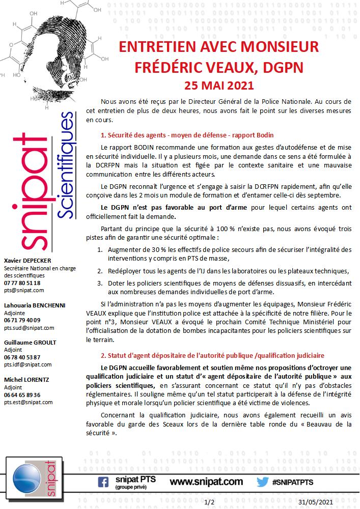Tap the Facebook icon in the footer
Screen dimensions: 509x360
click(103, 482)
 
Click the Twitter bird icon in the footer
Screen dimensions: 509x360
click(262, 482)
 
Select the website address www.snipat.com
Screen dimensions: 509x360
click(206, 482)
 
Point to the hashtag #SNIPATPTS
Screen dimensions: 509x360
click(293, 482)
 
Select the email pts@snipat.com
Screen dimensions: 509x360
click(24, 290)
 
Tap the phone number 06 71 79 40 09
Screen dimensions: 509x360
click(22, 320)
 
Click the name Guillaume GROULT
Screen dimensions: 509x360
click(30, 343)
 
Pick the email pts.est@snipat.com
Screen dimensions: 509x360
click(28, 402)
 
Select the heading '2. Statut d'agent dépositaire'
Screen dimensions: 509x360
click(212, 355)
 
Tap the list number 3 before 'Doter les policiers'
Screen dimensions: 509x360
click(100, 282)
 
